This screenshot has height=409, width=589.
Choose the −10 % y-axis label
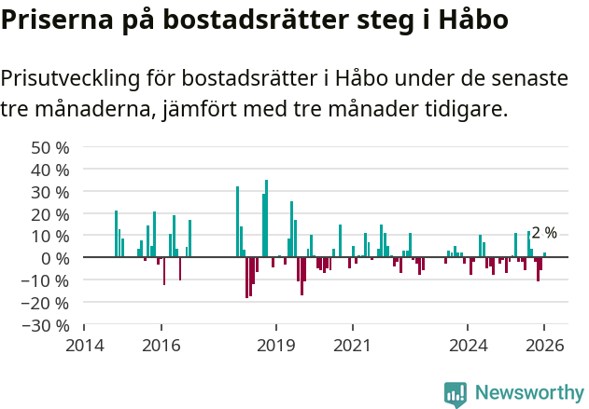(x=48, y=280)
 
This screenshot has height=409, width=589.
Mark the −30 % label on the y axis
(x=48, y=325)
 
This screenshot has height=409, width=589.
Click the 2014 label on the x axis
(x=84, y=346)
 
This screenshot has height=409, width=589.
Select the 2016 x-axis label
(x=161, y=346)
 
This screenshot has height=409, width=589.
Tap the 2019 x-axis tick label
(x=276, y=346)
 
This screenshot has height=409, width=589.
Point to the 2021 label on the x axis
(x=353, y=346)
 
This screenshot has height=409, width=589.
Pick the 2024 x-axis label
(x=469, y=346)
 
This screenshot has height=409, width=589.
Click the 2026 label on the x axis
(x=545, y=346)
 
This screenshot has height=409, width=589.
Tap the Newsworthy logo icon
(x=456, y=393)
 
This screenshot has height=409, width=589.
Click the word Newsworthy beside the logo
(x=529, y=393)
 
